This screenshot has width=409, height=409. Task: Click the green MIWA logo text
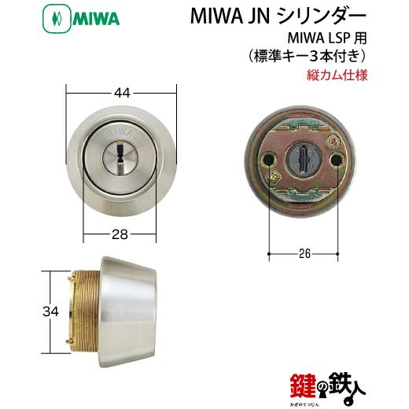[96, 19]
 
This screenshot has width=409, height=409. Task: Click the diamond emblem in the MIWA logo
[57, 19]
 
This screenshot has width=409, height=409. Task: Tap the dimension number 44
[123, 93]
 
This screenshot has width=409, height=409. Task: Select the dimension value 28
[120, 234]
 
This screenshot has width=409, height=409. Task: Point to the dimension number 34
[50, 311]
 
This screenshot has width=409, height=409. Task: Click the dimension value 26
[304, 253]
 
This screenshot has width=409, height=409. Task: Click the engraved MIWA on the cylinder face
[118, 134]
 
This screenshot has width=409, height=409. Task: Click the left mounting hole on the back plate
[269, 159]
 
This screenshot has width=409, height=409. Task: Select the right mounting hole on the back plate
[337, 158]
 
